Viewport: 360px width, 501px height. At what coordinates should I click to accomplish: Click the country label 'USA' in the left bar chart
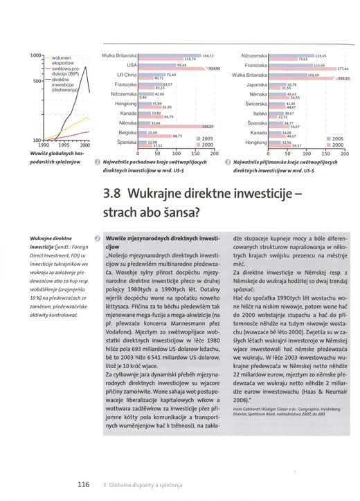pyautogui.click(x=129, y=64)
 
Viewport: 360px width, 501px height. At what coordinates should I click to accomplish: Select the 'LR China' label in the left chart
pyautogui.click(x=125, y=73)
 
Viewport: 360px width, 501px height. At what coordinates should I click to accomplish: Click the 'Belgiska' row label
pyautogui.click(x=126, y=131)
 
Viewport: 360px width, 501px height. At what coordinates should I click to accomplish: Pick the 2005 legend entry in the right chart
pyautogui.click(x=338, y=138)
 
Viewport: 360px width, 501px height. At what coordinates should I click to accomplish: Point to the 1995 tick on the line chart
pyautogui.click(x=62, y=146)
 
